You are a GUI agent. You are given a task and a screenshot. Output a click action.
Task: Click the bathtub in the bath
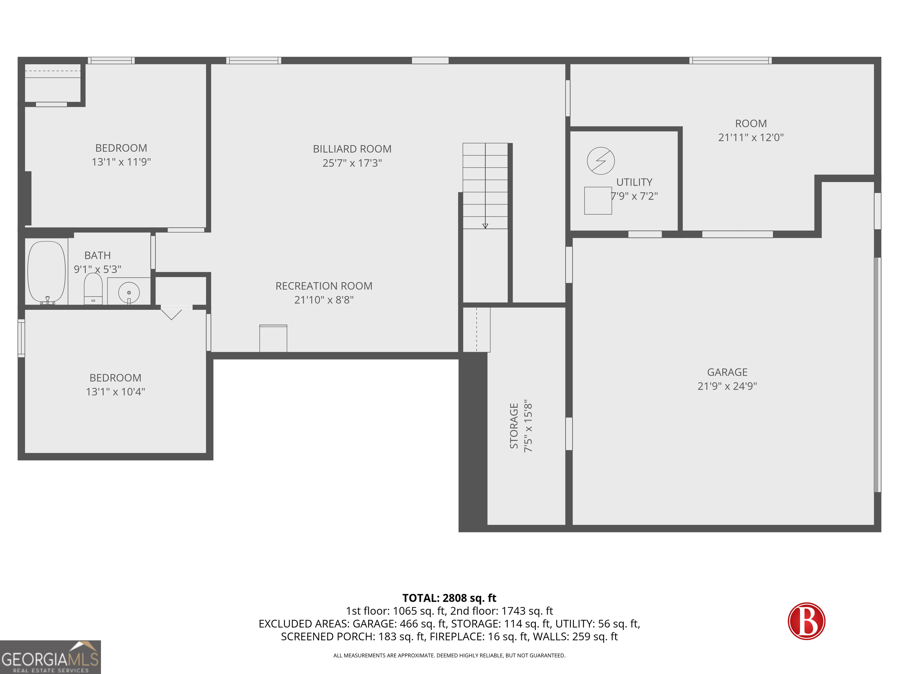(46, 272)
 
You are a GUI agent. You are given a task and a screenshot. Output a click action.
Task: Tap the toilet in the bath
(93, 288)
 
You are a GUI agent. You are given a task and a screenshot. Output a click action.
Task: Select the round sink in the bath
(129, 293)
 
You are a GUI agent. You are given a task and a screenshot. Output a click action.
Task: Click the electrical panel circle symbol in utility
(601, 161)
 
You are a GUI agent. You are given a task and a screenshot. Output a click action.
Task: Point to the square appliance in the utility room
(598, 200)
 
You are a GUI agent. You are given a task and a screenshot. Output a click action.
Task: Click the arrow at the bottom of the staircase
(485, 226)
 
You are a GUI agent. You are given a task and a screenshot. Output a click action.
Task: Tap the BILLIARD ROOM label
(352, 149)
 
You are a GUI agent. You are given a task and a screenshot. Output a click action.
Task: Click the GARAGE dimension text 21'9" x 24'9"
(727, 386)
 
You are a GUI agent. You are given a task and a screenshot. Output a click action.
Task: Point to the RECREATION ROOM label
(324, 286)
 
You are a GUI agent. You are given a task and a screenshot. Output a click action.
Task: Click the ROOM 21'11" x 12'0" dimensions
(751, 137)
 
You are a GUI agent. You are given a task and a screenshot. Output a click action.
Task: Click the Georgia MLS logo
(50, 657)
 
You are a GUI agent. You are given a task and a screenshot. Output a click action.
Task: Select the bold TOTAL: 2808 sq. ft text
(449, 598)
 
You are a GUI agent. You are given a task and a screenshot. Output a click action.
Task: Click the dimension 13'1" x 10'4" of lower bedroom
(115, 392)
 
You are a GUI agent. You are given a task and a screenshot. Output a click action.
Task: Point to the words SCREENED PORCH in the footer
(327, 637)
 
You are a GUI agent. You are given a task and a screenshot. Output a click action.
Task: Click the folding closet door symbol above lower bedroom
(171, 314)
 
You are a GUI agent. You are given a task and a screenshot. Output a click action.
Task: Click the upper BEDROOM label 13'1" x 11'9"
(121, 155)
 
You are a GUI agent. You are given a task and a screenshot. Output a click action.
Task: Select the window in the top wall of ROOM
(730, 61)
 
